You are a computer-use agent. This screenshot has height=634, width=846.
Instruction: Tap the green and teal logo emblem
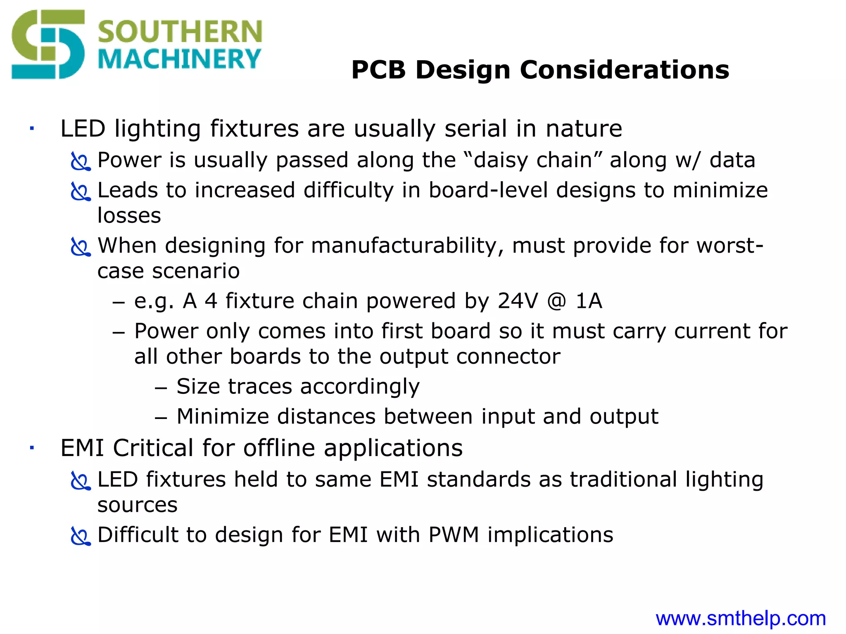point(48,44)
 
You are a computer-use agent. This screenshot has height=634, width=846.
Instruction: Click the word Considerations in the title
point(624,70)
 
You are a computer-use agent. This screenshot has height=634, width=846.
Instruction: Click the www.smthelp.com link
point(741,618)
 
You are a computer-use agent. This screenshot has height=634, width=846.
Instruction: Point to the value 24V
point(518,300)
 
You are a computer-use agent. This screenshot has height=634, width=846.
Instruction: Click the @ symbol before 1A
point(557,301)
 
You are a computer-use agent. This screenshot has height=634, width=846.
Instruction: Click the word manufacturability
point(407,246)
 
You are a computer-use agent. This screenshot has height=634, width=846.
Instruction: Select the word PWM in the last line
point(453,535)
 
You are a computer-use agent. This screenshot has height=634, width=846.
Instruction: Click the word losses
point(129,215)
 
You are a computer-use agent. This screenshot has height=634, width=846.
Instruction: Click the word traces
point(260,386)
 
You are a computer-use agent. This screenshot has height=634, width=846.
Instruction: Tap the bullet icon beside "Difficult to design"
point(80,536)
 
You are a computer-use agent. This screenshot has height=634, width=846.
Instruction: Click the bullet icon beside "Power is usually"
point(80,161)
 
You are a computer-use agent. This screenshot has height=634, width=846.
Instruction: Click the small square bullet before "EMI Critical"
point(31,447)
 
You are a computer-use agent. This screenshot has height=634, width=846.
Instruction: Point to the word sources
point(137,505)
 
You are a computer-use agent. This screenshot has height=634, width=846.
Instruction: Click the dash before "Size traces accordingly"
point(161,388)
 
